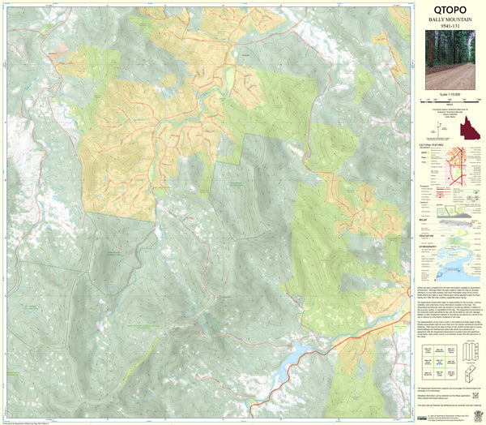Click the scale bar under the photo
coord(454,99)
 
